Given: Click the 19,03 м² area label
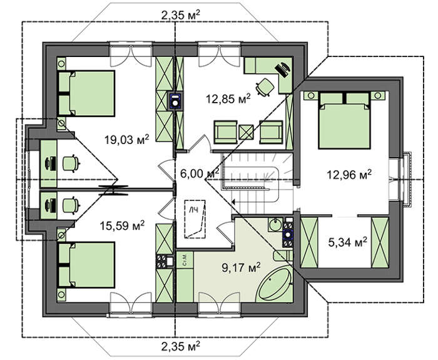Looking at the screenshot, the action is coord(126,139).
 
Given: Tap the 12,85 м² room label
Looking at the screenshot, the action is coord(228,98).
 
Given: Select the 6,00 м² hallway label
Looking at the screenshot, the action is coord(199,173).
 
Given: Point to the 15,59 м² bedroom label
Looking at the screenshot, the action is coord(122,225).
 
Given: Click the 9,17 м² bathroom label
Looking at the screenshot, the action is coord(241,267).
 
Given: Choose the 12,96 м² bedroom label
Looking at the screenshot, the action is coord(349,175).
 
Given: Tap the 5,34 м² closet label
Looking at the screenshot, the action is coord(347,242).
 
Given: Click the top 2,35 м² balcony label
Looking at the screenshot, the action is coord(180,14).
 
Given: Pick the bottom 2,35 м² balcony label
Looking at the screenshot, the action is coord(180,346).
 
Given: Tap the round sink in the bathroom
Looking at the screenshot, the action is coord(276,225).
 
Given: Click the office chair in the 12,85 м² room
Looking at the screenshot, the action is coord(265,87).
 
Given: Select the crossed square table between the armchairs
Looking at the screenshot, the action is coord(246,132).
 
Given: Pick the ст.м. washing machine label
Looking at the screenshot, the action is coord(185,260).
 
